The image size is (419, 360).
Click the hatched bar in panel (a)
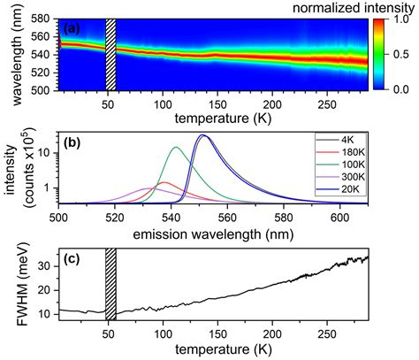[x=110, y=53]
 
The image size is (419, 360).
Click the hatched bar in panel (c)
[x=110, y=285]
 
